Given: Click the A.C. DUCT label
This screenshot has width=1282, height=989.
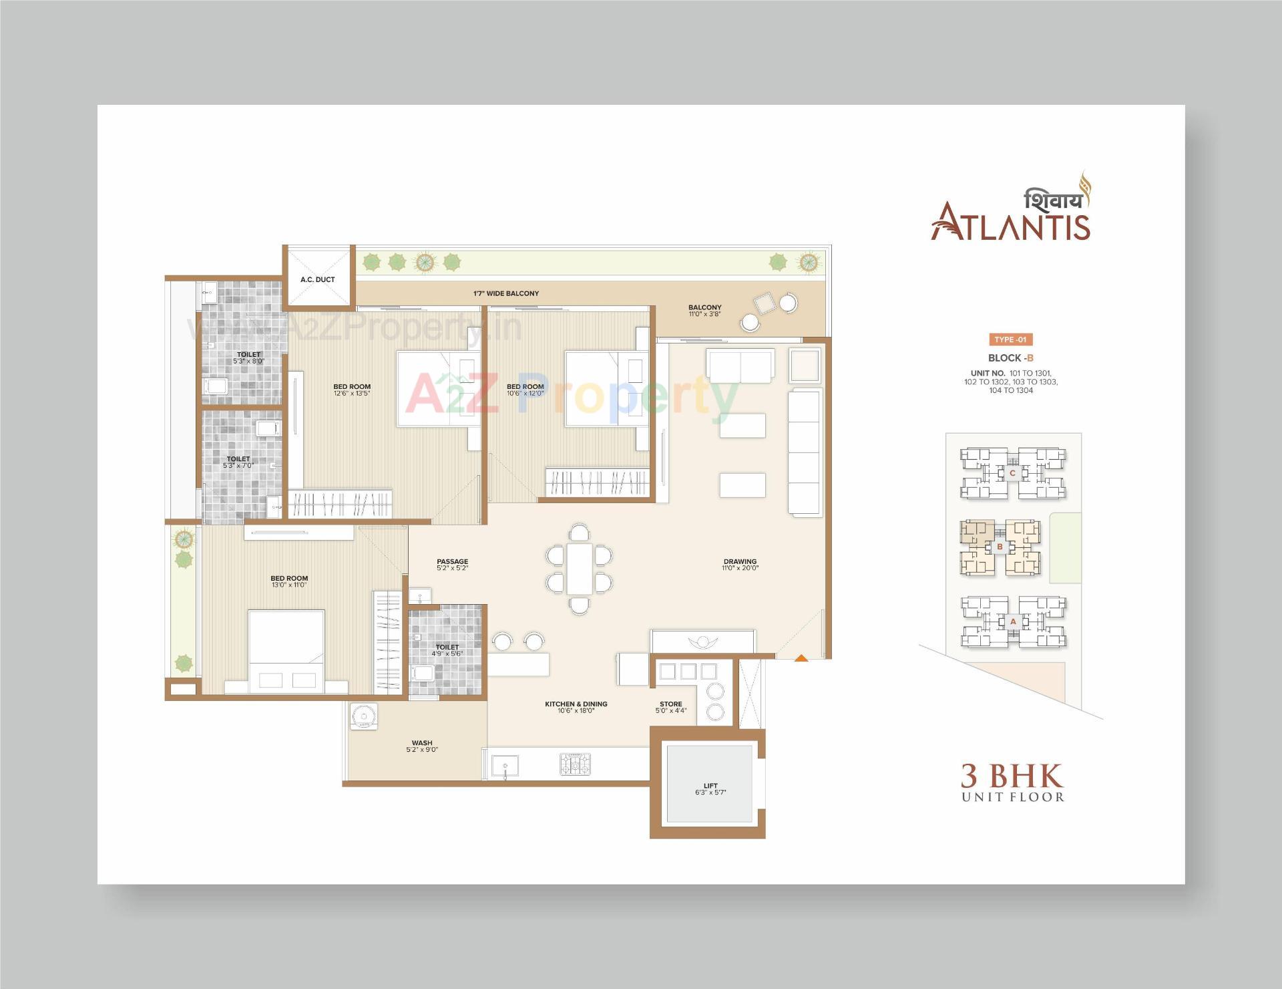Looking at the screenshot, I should [318, 279].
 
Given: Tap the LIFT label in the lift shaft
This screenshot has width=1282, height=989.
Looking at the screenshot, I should [710, 786].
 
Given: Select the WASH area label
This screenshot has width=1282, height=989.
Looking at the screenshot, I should [422, 742].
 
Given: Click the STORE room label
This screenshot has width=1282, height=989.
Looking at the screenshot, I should [671, 704].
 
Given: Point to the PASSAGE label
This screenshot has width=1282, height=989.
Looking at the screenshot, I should [453, 561].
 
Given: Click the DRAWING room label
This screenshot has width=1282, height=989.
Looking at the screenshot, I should [740, 561].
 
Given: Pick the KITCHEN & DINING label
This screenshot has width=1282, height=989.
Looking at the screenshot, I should [576, 704].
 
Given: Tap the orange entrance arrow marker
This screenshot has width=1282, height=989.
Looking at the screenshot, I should [801, 658].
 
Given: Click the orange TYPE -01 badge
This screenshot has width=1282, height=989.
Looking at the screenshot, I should [1010, 339].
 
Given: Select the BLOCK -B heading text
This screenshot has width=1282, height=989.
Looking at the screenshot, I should [1010, 358].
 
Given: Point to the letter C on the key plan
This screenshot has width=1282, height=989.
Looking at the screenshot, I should [1012, 473].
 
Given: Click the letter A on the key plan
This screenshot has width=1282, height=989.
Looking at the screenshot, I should [1013, 621].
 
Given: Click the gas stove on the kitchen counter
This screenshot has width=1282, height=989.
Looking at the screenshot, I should [575, 764].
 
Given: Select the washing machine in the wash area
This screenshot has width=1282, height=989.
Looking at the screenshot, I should [364, 716].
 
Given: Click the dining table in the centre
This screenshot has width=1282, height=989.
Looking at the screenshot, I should [580, 569].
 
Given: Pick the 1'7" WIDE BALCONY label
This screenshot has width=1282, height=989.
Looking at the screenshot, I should [506, 293].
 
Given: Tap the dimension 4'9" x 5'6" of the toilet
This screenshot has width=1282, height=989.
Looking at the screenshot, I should [447, 654].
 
